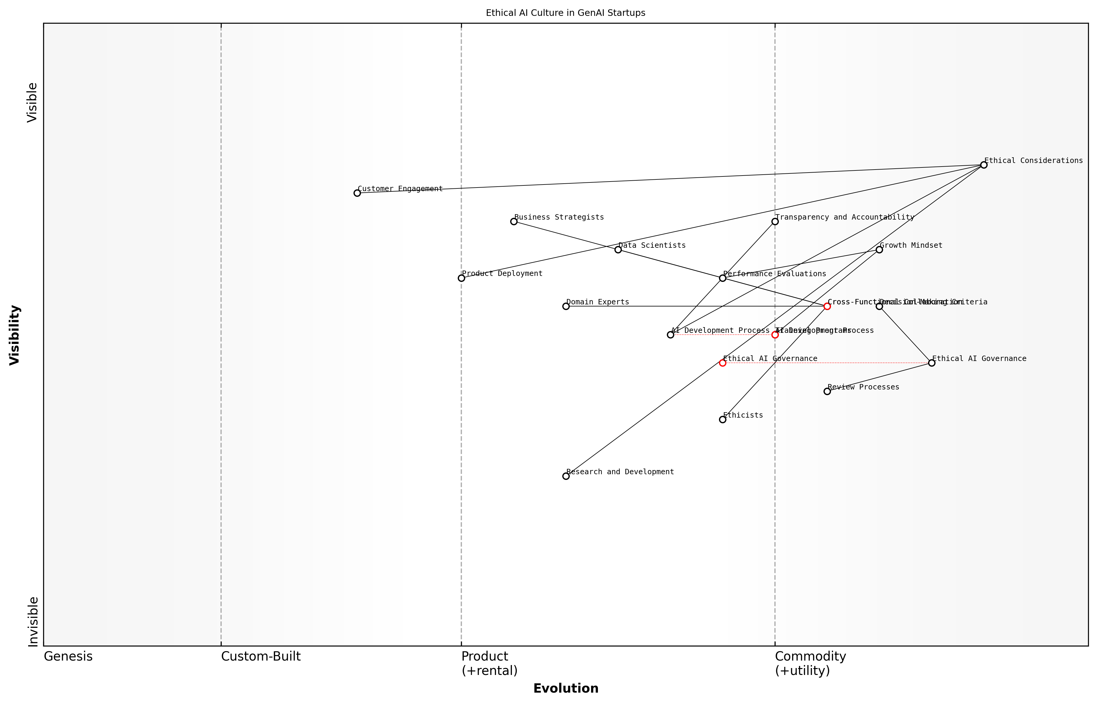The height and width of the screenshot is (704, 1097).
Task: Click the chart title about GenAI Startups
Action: (x=565, y=13)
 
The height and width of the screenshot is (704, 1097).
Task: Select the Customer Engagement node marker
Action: (x=357, y=193)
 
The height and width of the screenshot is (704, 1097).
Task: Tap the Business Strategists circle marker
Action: (x=514, y=221)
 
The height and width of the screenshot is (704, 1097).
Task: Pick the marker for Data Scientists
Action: (x=618, y=250)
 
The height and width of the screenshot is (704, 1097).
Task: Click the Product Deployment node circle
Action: (x=461, y=278)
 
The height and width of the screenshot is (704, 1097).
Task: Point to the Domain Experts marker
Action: (x=566, y=306)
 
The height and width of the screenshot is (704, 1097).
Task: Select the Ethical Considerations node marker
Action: (x=984, y=165)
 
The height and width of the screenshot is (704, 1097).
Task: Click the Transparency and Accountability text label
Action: (x=845, y=217)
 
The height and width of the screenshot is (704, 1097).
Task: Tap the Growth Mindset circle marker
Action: (x=879, y=250)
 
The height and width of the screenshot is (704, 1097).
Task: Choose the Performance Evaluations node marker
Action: (x=723, y=278)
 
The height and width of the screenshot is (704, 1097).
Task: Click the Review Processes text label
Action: (x=863, y=387)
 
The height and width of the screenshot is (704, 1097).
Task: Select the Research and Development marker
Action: (x=566, y=476)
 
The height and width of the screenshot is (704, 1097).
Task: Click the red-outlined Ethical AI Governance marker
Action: (x=723, y=363)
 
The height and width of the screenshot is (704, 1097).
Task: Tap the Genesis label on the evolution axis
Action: (x=68, y=656)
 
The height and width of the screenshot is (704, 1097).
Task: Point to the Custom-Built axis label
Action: (x=261, y=656)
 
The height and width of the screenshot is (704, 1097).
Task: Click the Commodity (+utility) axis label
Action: (x=810, y=663)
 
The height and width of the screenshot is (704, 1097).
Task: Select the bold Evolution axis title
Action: (x=565, y=688)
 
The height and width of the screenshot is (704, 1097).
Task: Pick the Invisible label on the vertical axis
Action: (x=32, y=621)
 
